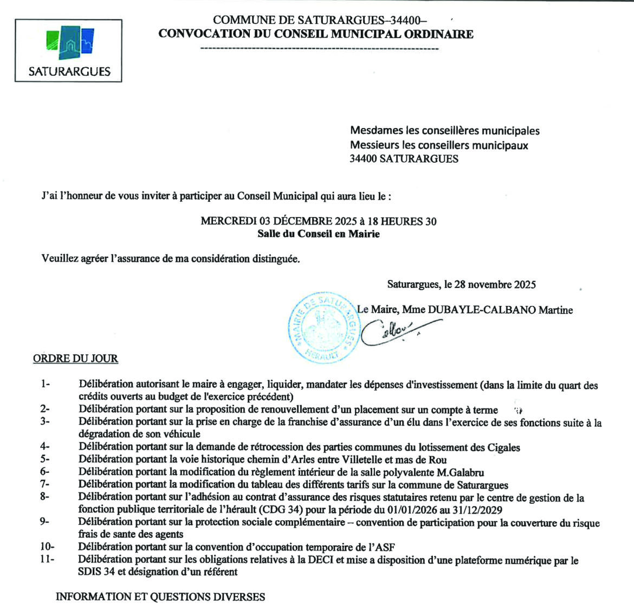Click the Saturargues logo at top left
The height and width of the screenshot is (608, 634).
(68, 50)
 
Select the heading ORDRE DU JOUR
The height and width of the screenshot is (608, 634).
(75, 359)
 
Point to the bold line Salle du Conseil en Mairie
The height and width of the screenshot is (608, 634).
(318, 234)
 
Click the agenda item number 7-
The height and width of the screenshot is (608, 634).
(44, 484)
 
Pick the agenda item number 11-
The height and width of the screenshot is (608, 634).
(47, 559)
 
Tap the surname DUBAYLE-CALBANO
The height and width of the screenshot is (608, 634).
(481, 310)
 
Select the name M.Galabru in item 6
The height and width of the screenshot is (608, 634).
(460, 472)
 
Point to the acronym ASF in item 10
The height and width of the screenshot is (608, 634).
(390, 547)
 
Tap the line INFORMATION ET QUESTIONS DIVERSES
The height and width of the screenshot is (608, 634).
(160, 597)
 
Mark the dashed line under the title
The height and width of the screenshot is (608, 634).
(319, 49)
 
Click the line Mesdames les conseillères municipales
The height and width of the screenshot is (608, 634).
(444, 131)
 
